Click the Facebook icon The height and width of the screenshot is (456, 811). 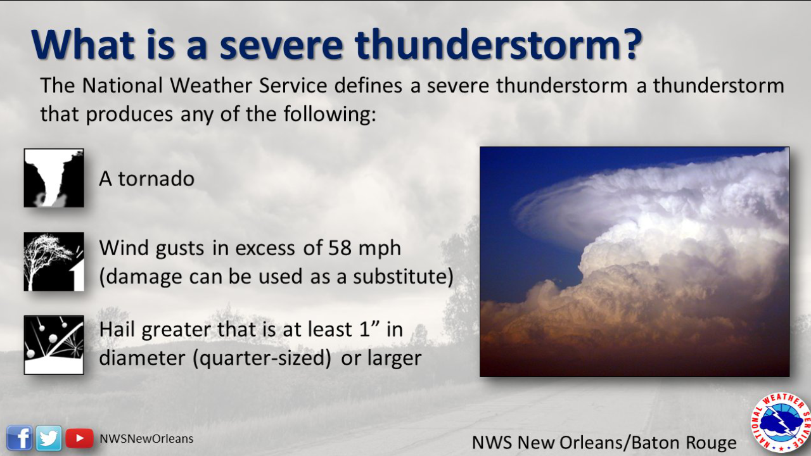point(20,438)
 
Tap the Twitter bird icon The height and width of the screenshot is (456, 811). point(49,438)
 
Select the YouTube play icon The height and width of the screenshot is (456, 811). point(79,438)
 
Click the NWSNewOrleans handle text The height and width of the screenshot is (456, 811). point(146,438)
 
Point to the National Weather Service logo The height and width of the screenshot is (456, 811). point(781,422)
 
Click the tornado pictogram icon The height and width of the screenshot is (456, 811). point(54,178)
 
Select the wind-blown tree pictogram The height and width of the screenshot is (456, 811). point(54,262)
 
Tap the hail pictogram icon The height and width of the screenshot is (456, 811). point(54,345)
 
